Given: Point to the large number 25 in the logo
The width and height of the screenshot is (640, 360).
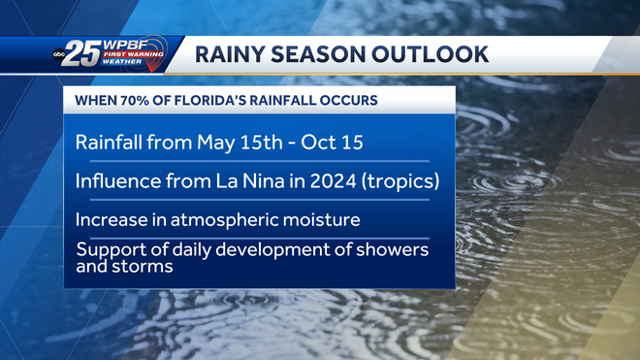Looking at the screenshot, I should [87, 55].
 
